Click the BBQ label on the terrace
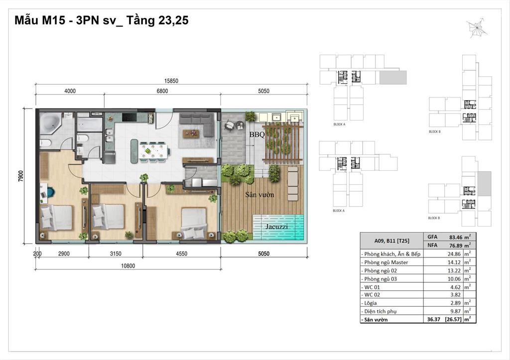click(x=257, y=134)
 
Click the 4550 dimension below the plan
click(x=181, y=253)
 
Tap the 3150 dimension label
click(x=115, y=253)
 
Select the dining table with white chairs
click(x=153, y=150)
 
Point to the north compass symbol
click(x=478, y=27)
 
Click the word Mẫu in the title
click(x=27, y=21)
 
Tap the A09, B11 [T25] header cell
click(x=389, y=241)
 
